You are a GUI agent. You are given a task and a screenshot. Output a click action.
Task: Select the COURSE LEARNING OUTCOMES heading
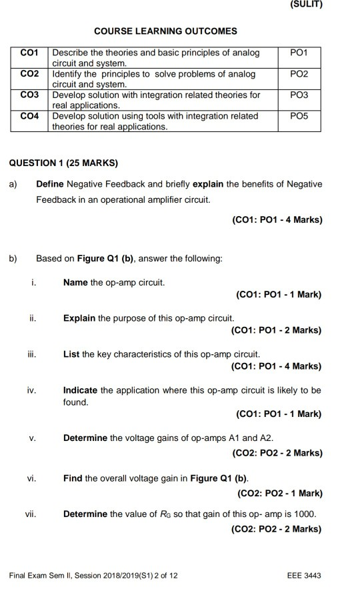[165, 31]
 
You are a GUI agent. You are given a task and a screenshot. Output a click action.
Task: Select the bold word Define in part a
[51, 184]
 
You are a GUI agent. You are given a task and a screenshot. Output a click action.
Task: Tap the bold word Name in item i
[75, 282]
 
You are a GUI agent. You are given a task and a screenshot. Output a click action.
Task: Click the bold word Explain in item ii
[79, 318]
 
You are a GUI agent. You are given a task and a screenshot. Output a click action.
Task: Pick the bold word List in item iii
[71, 354]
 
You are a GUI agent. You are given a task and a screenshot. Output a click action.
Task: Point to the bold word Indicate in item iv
[80, 390]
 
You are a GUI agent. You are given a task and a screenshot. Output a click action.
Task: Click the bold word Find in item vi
[73, 478]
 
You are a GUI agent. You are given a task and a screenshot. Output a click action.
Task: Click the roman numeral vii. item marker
[31, 514]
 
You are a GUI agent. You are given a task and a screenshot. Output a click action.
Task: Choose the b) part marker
[13, 258]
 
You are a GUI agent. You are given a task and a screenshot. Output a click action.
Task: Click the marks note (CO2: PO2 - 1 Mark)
[279, 494]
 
